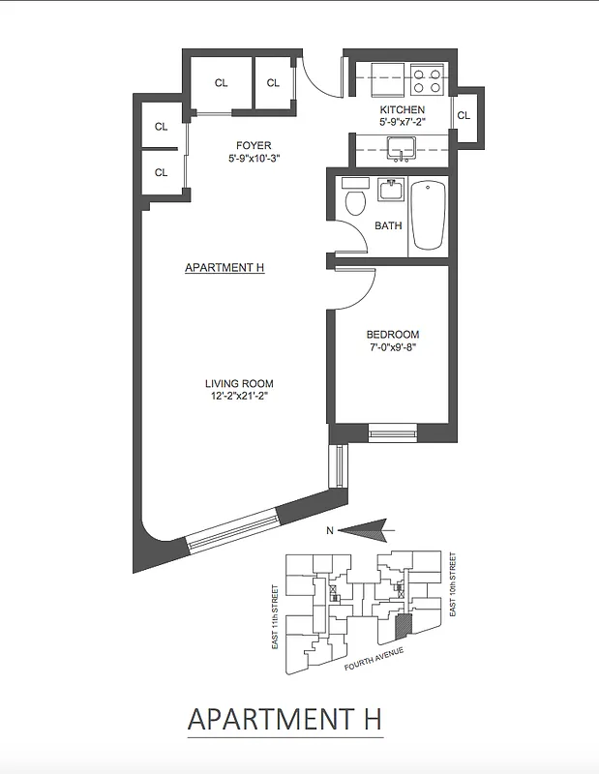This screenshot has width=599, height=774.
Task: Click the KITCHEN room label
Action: (402, 110)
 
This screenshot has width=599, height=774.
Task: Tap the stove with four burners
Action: (426, 78)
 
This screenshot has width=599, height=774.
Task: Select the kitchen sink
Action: (399, 149)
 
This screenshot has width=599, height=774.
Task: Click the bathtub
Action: (427, 214)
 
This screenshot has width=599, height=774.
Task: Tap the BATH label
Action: (388, 226)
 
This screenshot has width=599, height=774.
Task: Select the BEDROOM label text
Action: (392, 335)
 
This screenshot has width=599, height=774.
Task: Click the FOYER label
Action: (255, 146)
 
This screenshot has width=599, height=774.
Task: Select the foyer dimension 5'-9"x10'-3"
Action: (255, 159)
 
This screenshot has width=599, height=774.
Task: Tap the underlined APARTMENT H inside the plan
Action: (225, 268)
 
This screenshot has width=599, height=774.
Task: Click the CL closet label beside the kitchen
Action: (464, 115)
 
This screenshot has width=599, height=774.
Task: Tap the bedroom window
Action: (392, 432)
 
